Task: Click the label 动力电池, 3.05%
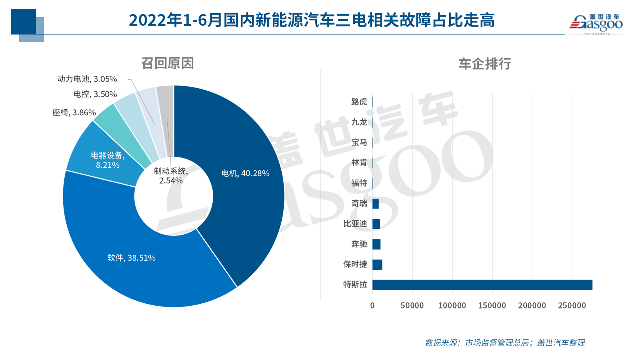click(x=87, y=79)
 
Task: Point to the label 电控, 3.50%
click(x=95, y=94)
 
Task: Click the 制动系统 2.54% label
click(x=171, y=176)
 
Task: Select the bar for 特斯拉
click(x=482, y=285)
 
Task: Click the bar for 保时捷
click(x=377, y=264)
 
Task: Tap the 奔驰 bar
click(x=376, y=244)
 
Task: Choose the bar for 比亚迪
click(x=376, y=224)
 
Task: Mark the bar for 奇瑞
click(x=375, y=203)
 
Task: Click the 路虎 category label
click(x=359, y=102)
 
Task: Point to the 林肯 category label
click(x=359, y=162)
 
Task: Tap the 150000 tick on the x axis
click(x=492, y=305)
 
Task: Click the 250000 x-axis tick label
click(x=572, y=305)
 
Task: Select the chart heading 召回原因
click(x=167, y=63)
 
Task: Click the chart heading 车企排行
click(x=485, y=64)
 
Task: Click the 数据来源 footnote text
click(x=505, y=343)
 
